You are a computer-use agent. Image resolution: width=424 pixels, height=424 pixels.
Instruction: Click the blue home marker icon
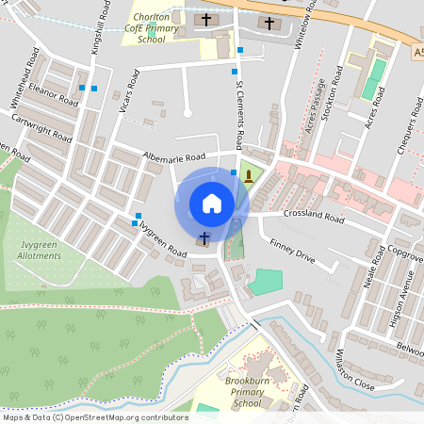pos(211,204)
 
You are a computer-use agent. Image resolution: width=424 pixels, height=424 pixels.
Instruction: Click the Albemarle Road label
pos(174,156)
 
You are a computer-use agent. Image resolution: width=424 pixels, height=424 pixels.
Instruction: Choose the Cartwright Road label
pos(42,128)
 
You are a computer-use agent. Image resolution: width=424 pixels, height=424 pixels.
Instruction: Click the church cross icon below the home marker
pos(204,236)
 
